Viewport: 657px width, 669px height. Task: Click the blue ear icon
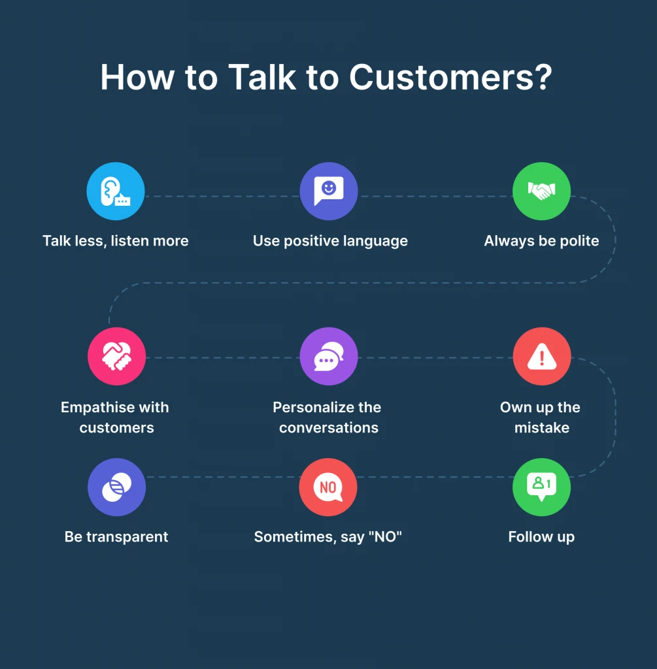pyautogui.click(x=116, y=191)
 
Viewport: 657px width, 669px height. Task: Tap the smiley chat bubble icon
pyautogui.click(x=328, y=191)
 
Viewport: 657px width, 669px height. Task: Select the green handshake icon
pyautogui.click(x=541, y=191)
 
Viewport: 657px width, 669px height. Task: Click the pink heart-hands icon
pyautogui.click(x=116, y=357)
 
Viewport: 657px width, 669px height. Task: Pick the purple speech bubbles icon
pyautogui.click(x=328, y=357)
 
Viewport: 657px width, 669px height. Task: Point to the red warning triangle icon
pyautogui.click(x=541, y=357)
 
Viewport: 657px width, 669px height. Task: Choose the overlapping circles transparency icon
pyautogui.click(x=116, y=487)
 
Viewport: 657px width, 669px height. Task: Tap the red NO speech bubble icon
pyautogui.click(x=328, y=487)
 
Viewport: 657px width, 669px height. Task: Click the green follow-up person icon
pyautogui.click(x=541, y=487)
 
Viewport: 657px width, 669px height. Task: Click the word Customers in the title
pyautogui.click(x=450, y=78)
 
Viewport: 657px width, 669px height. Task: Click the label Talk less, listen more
pyautogui.click(x=116, y=241)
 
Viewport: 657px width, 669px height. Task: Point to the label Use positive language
pyautogui.click(x=330, y=241)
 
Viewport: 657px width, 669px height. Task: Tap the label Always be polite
pyautogui.click(x=541, y=241)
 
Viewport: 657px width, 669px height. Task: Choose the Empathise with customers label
pyautogui.click(x=116, y=417)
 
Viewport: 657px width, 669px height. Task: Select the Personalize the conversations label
pyautogui.click(x=328, y=417)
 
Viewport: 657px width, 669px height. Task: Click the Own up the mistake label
pyautogui.click(x=541, y=417)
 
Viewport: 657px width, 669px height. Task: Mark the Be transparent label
pyautogui.click(x=116, y=537)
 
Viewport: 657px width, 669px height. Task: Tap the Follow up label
pyautogui.click(x=541, y=537)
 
